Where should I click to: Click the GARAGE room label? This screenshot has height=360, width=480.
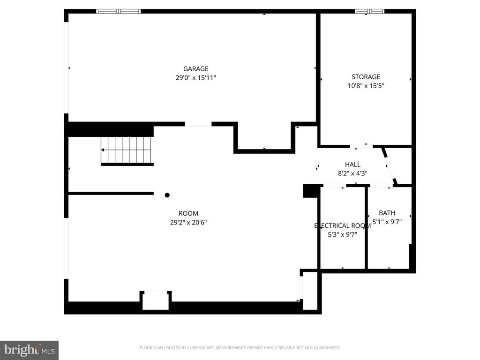195,69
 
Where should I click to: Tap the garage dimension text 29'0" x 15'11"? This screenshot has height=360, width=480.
195,78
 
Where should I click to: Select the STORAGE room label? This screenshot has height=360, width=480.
366,77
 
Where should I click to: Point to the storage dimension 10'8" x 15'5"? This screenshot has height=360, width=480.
366,86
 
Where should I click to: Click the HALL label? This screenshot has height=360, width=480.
352,165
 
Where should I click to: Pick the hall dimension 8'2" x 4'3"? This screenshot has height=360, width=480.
352,173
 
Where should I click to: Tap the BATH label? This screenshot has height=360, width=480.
387,213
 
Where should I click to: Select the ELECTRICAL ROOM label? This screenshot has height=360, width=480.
342,226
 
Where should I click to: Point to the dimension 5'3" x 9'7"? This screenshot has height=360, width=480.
342,234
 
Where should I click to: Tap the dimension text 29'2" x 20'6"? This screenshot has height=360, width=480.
188,222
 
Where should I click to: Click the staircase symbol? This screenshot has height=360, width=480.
127,150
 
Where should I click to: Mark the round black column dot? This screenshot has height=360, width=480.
167,195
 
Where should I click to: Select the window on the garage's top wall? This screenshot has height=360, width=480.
119,11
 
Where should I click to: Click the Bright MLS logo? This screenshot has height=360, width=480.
29,350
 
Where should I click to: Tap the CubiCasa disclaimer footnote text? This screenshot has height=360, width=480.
240,348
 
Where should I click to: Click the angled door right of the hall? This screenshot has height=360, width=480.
390,166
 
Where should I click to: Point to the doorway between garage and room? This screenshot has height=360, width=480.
198,124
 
